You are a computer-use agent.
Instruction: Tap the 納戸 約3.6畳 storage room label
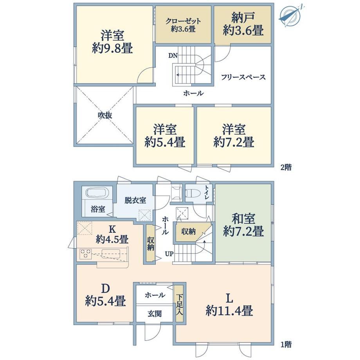click(x=243, y=25)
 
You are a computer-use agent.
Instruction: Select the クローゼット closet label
click(x=183, y=22)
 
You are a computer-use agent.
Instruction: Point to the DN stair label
click(x=173, y=55)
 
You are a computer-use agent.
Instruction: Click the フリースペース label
click(x=243, y=77)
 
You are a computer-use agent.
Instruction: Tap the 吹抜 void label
click(x=105, y=115)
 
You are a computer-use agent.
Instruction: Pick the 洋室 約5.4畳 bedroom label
click(x=165, y=136)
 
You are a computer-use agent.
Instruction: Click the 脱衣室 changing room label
click(x=135, y=200)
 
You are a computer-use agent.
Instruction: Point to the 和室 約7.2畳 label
click(x=243, y=225)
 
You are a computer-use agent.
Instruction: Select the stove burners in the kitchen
click(x=86, y=254)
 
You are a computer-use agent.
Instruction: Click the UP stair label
click(x=169, y=254)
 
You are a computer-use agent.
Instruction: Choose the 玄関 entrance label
click(x=155, y=313)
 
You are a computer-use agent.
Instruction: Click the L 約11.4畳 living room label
click(x=229, y=305)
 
